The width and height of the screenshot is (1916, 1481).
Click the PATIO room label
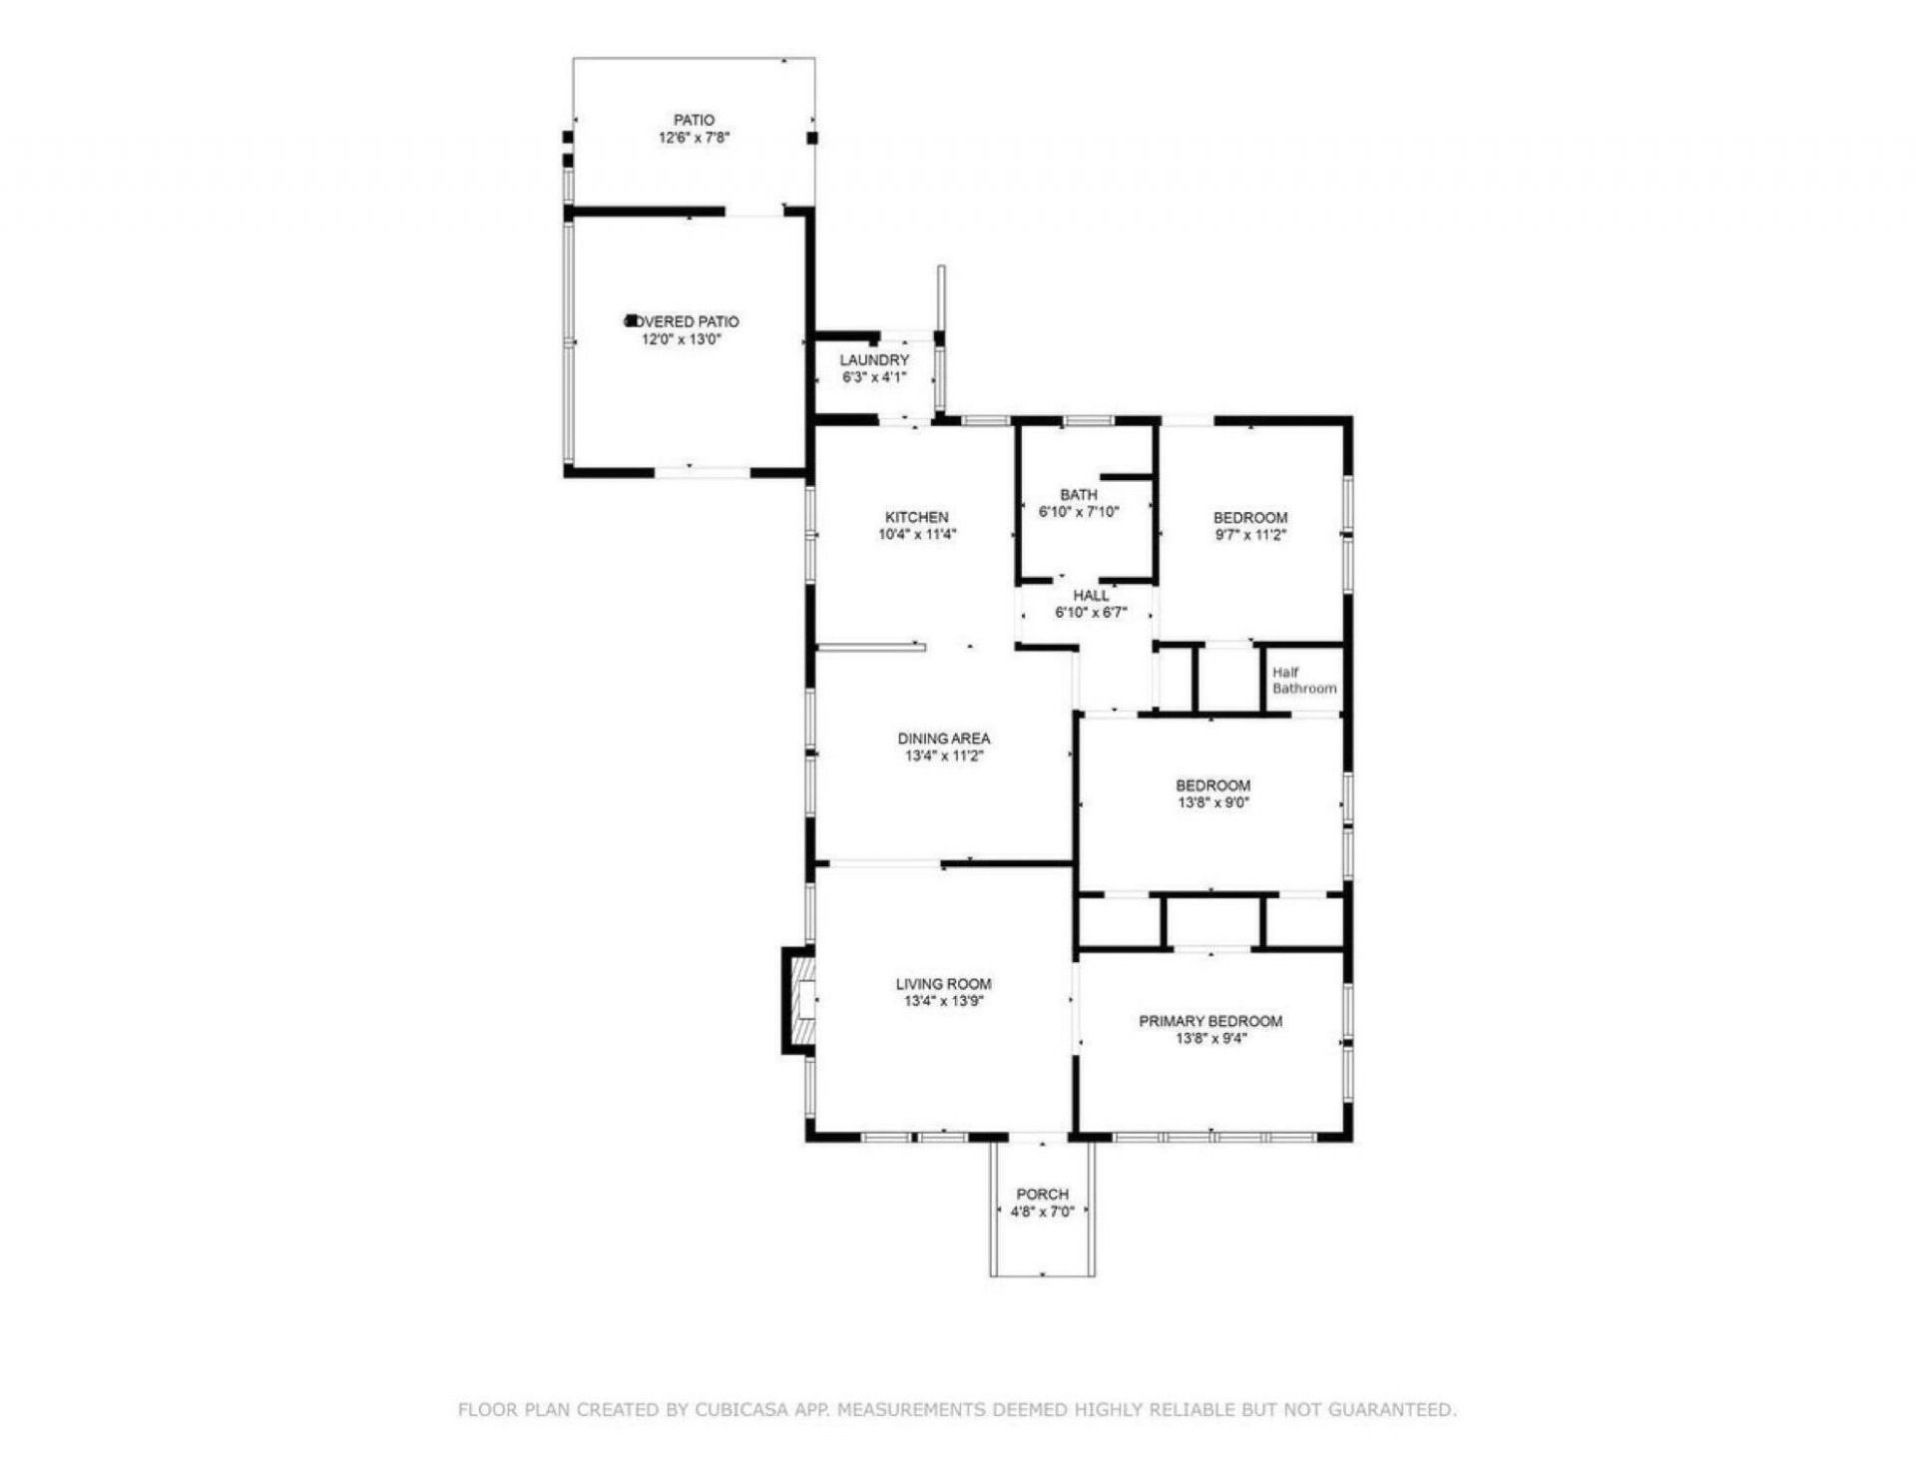pos(694,120)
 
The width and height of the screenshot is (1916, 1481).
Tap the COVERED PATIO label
pos(683,321)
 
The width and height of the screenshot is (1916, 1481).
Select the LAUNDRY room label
pos(874,360)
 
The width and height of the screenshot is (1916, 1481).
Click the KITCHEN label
pos(917,517)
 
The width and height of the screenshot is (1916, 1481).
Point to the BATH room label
pos(1079,495)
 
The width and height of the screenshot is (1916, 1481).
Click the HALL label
pos(1091,596)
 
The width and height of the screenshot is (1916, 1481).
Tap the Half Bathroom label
pos(1304,681)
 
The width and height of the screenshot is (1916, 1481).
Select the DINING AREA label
pos(944,739)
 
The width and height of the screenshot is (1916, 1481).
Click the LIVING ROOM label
pos(944,984)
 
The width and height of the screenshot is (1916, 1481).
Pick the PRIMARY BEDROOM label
pos(1210,1021)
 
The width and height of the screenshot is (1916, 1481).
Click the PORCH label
pos(1043,1195)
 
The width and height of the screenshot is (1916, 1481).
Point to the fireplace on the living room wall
pos(798,1001)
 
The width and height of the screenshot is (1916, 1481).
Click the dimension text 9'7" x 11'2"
pos(1250,534)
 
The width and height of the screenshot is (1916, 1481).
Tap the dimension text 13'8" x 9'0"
pos(1213,802)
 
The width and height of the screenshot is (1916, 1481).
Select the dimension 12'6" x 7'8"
pos(694,138)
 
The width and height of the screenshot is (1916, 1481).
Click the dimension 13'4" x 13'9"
pos(944,1001)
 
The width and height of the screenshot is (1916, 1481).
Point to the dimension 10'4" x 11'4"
pos(917,534)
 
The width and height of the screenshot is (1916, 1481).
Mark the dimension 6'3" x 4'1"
pos(874,377)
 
